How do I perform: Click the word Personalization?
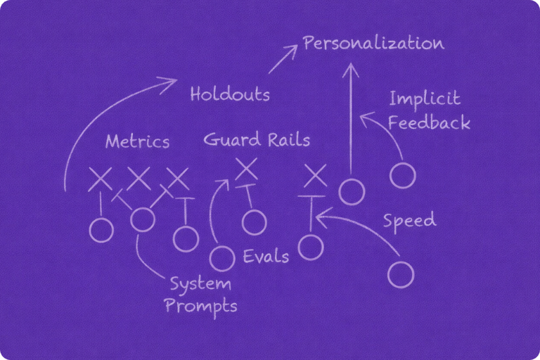coord(373,44)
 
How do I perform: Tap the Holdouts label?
coord(229,94)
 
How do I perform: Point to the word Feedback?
coord(429,123)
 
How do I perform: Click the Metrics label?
coord(137,141)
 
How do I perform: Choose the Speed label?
coord(409,221)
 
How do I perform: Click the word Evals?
coord(266,256)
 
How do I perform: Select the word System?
coord(200,285)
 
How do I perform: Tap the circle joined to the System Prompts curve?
coord(143,219)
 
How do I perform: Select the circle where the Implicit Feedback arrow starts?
coord(402,175)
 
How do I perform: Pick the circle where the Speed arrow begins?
coord(401,272)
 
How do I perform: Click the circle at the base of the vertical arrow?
coord(352,190)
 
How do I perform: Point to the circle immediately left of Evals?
coord(222,257)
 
